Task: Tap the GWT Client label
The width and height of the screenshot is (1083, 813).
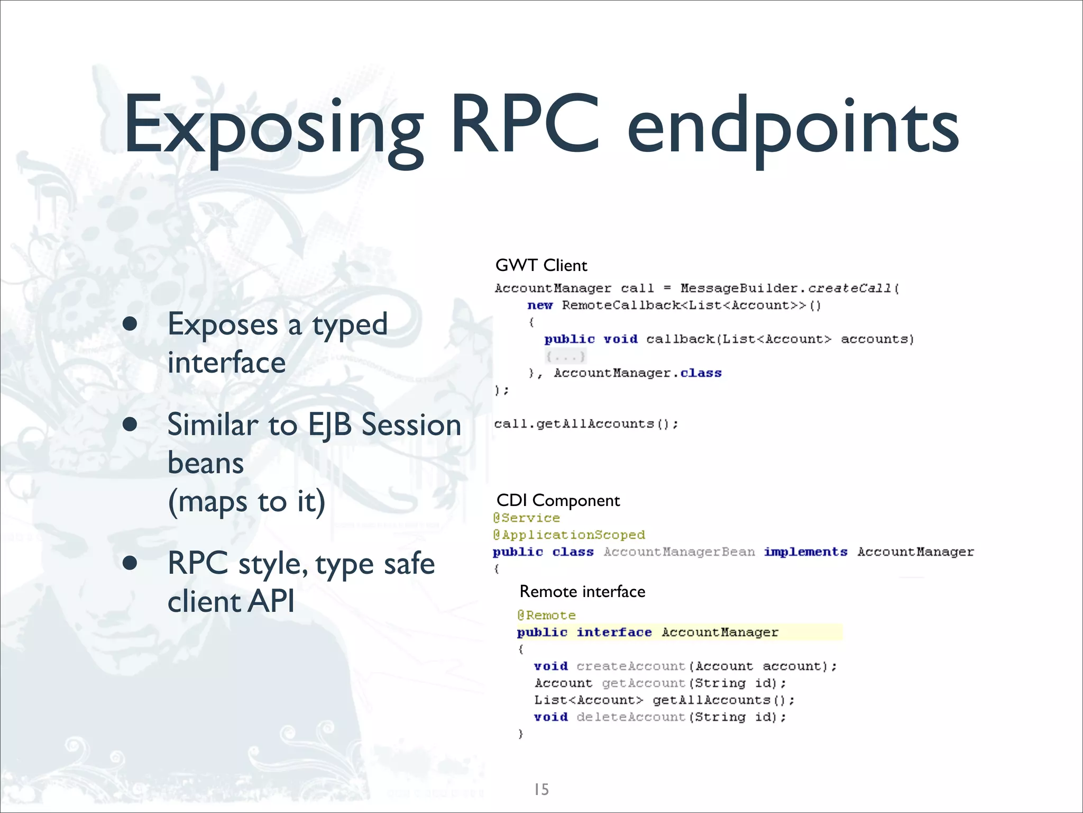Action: [541, 265]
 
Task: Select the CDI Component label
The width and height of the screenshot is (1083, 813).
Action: [558, 500]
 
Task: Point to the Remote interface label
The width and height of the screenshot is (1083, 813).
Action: [582, 591]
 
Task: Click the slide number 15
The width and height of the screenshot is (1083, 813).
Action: [541, 789]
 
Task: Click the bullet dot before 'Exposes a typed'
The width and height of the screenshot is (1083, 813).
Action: [130, 324]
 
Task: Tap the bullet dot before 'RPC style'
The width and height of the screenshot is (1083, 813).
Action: [130, 563]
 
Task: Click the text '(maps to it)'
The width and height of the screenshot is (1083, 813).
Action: [246, 501]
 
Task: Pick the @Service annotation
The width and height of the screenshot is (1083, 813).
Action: [526, 518]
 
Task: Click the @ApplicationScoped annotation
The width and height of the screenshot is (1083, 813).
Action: [569, 535]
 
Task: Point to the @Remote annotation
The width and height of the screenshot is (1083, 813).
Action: [546, 615]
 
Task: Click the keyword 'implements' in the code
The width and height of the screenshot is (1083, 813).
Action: [805, 552]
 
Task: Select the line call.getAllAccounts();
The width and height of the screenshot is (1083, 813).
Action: [586, 424]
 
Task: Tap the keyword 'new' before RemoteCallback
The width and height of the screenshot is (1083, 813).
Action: [540, 305]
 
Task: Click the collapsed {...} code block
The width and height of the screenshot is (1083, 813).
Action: [565, 356]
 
